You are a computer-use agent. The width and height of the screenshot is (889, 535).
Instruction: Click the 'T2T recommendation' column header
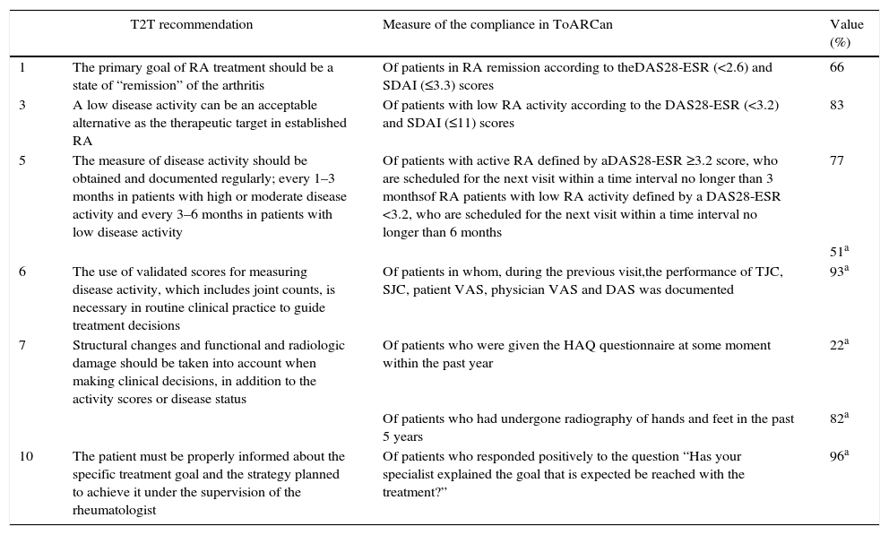coord(192,25)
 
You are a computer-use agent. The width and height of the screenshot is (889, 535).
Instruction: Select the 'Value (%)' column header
coord(847,33)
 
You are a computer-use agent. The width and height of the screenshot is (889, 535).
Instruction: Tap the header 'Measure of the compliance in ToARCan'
coord(497,25)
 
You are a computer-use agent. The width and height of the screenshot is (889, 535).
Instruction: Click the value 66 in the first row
coord(837,68)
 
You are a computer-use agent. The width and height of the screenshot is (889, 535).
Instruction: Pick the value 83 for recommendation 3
coord(837,106)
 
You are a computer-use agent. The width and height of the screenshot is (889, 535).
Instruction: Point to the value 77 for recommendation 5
coord(837,161)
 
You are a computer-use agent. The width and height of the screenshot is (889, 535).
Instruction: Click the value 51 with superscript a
coord(839,252)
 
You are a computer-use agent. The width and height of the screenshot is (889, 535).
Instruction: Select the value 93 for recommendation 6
coord(839,272)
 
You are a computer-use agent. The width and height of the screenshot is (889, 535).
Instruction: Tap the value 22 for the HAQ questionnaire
coord(839,345)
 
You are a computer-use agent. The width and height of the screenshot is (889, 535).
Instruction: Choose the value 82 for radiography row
coord(839,419)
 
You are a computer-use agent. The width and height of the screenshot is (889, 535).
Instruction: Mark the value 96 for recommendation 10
coord(839,456)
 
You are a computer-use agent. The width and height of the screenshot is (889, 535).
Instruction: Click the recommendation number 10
coord(26,457)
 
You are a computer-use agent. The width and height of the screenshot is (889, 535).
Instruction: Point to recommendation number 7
coord(22,346)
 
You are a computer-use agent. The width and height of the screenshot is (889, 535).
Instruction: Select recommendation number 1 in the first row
coord(22,68)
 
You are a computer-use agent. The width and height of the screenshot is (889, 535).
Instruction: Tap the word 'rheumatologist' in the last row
coord(114,511)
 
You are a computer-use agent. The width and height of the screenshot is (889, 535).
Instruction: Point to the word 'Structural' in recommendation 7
coord(99,346)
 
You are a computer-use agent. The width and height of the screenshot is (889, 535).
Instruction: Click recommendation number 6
coord(22,272)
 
